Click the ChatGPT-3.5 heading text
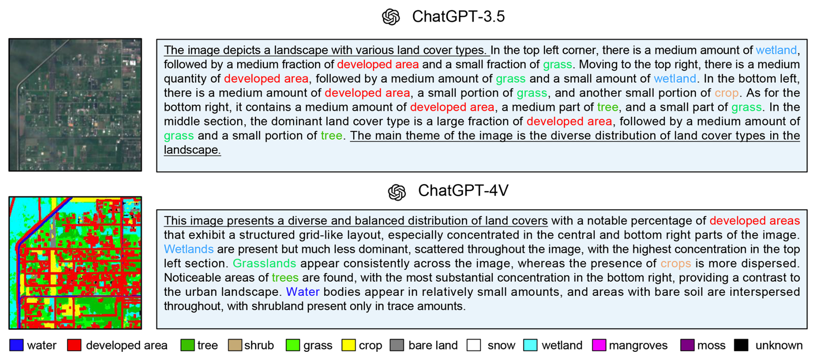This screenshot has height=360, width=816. click(458, 16)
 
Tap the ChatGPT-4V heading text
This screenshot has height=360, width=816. click(463, 191)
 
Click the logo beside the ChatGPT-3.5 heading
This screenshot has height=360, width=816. click(391, 17)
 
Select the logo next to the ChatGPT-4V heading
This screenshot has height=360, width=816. click(397, 192)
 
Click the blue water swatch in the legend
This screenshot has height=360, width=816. click(16, 345)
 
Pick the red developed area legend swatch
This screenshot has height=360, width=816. click(74, 345)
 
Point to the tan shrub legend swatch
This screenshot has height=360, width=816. click(235, 345)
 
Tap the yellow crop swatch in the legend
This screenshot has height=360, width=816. click(348, 345)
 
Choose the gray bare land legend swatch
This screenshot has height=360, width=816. click(397, 345)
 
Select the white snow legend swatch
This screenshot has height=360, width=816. click(474, 345)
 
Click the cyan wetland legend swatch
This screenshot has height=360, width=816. click(530, 345)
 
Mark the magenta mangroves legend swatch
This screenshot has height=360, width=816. click(599, 345)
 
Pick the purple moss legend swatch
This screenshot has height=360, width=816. click(687, 345)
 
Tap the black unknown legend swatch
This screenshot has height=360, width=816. click(741, 345)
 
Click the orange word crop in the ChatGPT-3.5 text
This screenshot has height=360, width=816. click(727, 93)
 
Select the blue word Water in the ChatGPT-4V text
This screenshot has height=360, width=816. click(303, 292)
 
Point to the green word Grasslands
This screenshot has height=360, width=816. click(264, 263)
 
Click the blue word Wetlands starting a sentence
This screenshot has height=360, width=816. click(188, 249)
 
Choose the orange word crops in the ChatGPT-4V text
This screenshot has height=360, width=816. click(675, 264)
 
